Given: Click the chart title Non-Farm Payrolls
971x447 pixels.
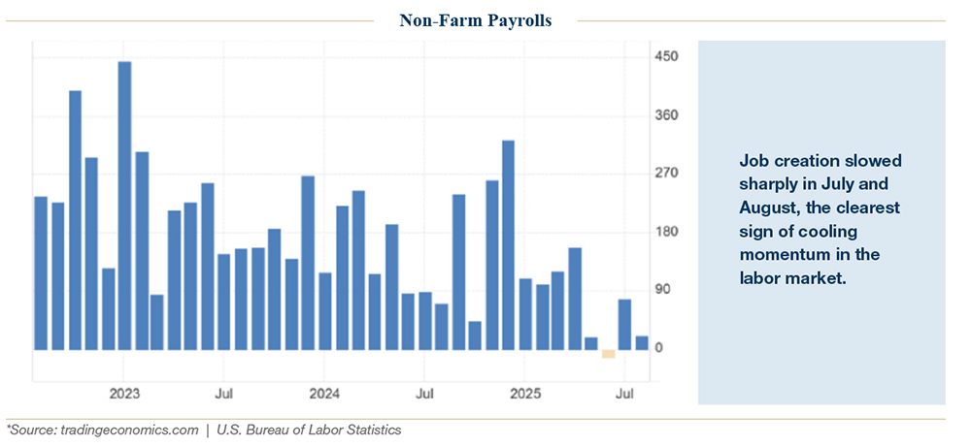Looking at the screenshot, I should tap(475, 20).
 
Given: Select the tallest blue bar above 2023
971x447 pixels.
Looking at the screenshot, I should tap(124, 205).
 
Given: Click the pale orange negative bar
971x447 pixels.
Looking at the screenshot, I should tap(608, 353).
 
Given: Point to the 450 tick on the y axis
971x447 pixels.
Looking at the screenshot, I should tap(666, 57).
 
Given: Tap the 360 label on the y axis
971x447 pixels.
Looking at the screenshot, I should tap(666, 115).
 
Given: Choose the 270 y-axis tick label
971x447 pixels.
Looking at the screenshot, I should tap(666, 174).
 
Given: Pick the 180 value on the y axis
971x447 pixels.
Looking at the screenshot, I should tap(666, 232).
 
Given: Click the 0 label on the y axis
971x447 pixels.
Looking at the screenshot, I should tap(659, 348).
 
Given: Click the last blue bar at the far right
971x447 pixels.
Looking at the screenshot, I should tap(642, 342).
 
